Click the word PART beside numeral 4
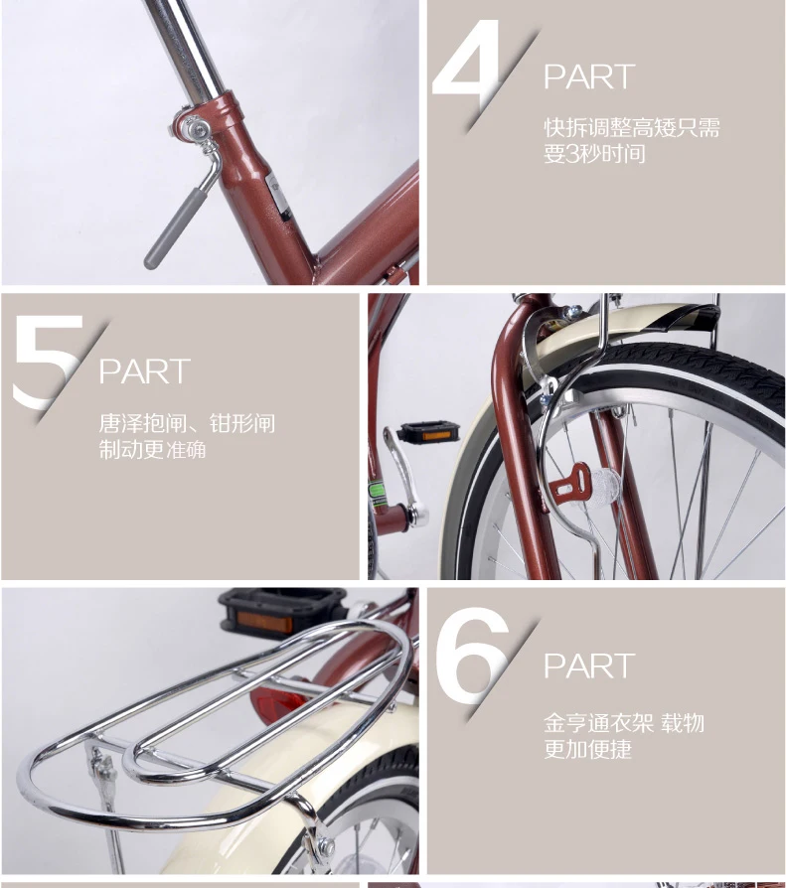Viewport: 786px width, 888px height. (588, 77)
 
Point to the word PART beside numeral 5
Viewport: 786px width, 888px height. (144, 371)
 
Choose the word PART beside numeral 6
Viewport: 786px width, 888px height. (588, 666)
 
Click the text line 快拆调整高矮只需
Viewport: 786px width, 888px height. (631, 128)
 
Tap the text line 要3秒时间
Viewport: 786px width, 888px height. (594, 154)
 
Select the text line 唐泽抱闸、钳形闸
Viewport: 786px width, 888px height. (187, 424)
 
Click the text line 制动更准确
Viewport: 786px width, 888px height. (152, 450)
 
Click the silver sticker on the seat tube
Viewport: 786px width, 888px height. (277, 195)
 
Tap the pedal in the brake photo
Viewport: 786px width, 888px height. (428, 432)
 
